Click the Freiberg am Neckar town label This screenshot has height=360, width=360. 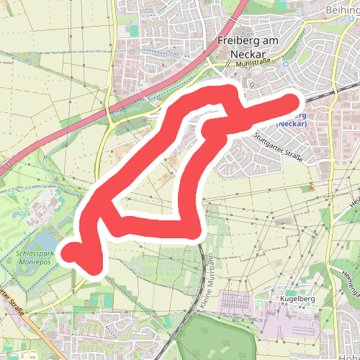248,47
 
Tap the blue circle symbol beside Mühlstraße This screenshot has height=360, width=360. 287,63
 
